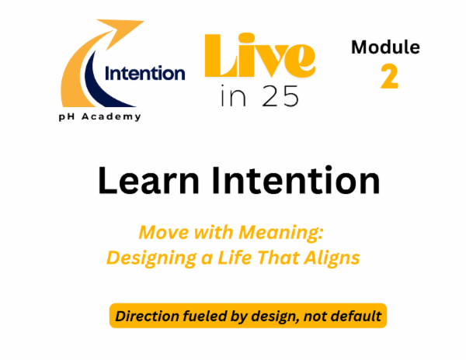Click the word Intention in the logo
coord(145,74)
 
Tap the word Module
coord(385,47)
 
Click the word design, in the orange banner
coord(283,317)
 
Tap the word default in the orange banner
coord(354,316)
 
